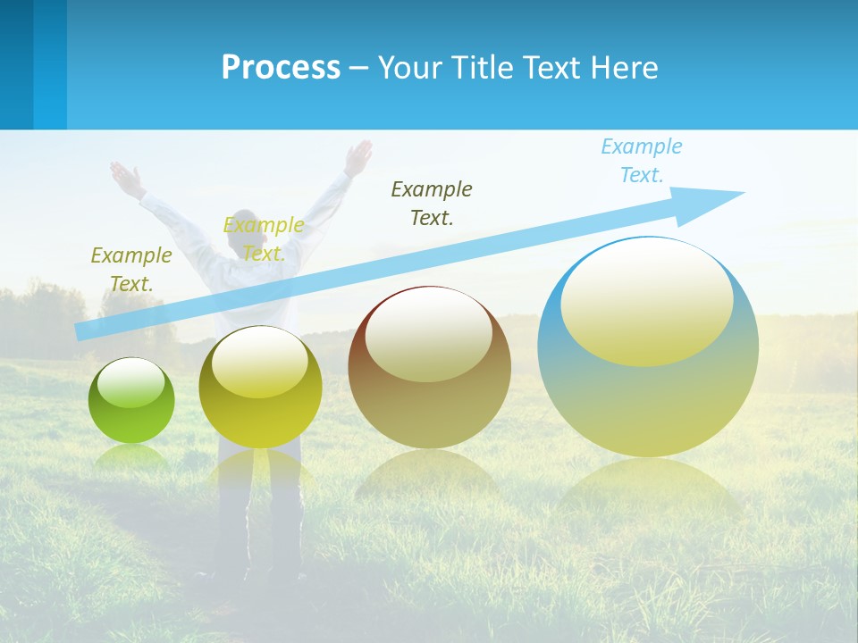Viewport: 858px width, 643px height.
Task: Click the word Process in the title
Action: coord(281,68)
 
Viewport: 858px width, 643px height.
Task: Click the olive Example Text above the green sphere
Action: coord(131,270)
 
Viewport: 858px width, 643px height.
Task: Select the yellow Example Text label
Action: coord(264,239)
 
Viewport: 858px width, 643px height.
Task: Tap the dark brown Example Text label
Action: coord(432,203)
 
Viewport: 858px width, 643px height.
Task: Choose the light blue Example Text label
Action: coord(642,161)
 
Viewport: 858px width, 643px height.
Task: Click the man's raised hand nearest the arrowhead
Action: coord(359,155)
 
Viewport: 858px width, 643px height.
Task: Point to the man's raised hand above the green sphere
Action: coord(125,179)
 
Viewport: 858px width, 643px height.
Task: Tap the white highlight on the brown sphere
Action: coord(428,335)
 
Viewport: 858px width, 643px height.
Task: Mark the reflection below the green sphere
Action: coord(131,457)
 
